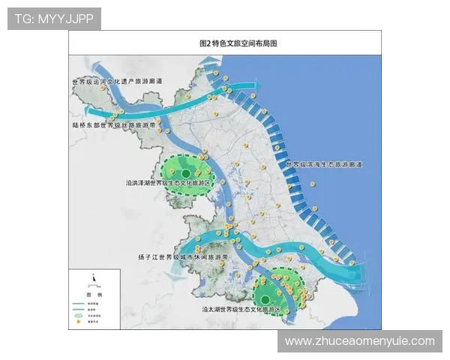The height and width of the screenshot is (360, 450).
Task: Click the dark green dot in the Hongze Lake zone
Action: pyautogui.click(x=186, y=174)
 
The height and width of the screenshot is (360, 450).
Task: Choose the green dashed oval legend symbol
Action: pyautogui.click(x=77, y=316)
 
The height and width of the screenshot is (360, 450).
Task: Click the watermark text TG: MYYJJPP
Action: pyautogui.click(x=54, y=18)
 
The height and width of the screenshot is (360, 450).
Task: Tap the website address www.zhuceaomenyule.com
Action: pyautogui.click(x=360, y=341)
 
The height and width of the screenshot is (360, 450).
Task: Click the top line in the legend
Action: pyautogui.click(x=77, y=304)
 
